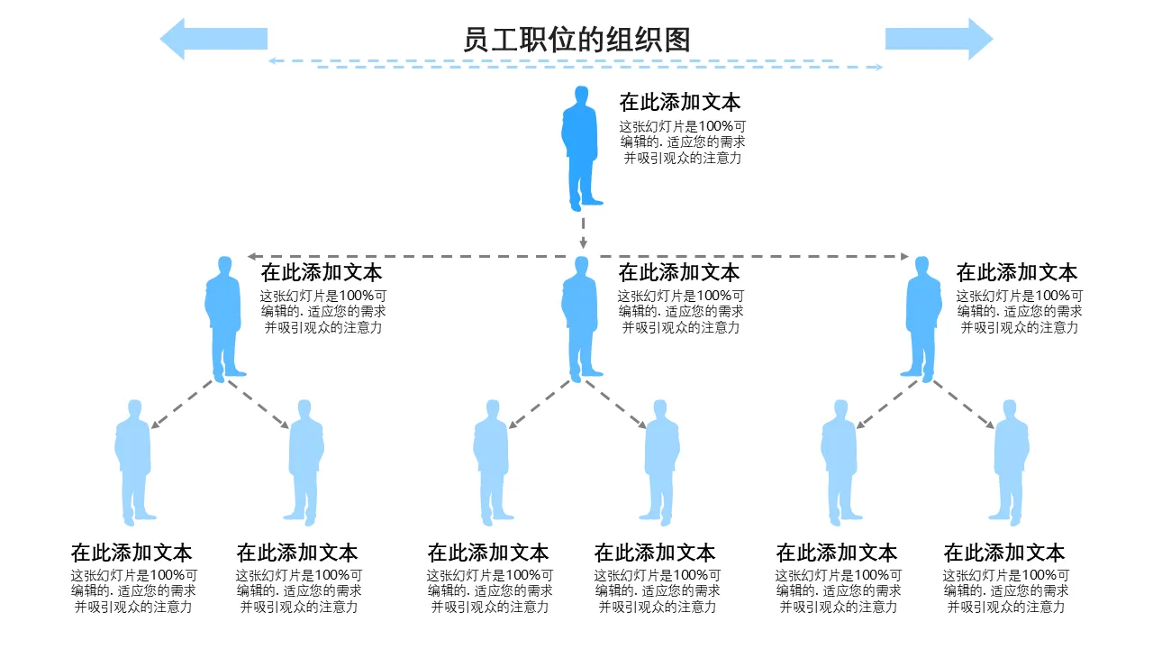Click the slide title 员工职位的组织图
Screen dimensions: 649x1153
[x=576, y=40]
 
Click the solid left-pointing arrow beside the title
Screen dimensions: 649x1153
[x=213, y=39]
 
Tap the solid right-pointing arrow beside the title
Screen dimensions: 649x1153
[x=940, y=39]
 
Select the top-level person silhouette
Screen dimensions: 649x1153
[x=581, y=149]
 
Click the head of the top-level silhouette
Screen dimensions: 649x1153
[x=582, y=95]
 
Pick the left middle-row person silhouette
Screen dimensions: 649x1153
[x=224, y=317]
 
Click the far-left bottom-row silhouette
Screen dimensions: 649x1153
[x=133, y=462]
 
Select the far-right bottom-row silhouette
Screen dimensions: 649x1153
[x=1011, y=462]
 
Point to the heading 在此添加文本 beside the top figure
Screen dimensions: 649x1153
[x=679, y=102]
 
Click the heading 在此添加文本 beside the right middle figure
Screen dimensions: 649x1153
[x=1016, y=272]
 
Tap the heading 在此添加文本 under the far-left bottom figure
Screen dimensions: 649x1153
[x=132, y=553]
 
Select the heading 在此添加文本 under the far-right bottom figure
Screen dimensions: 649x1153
[x=1003, y=553]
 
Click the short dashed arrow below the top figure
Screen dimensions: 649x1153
[x=583, y=232]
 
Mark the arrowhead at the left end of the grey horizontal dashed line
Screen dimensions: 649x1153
[x=253, y=257]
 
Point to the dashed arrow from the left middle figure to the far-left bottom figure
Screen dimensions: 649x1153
[x=183, y=404]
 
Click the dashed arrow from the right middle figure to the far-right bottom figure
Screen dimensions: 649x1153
[x=964, y=404]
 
